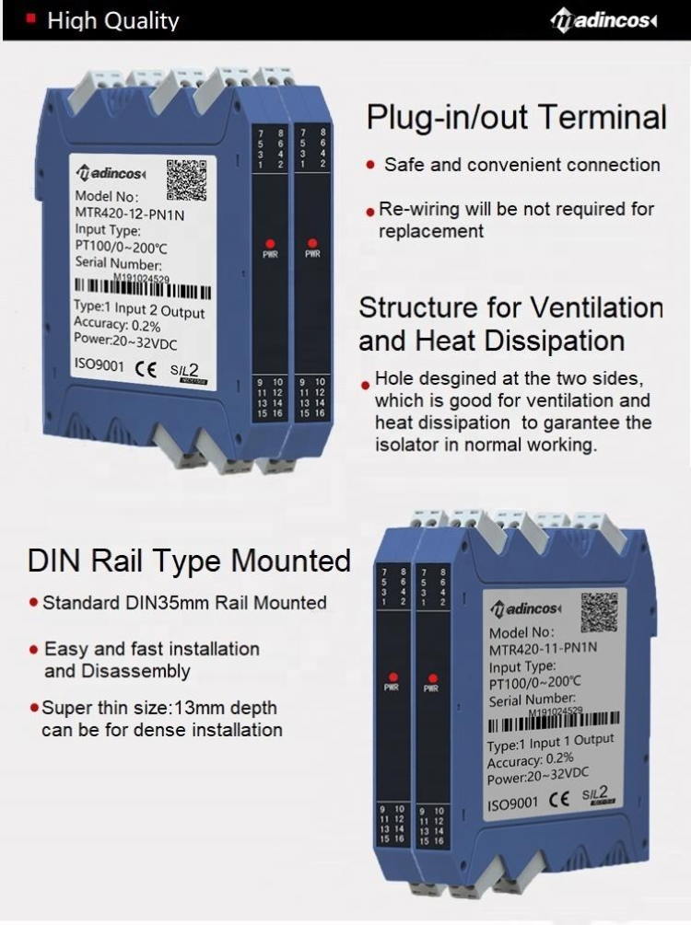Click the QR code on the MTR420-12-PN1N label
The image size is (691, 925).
pyautogui.click(x=187, y=179)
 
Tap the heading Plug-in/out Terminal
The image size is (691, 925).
pyautogui.click(x=516, y=118)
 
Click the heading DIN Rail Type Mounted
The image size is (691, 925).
pyautogui.click(x=189, y=561)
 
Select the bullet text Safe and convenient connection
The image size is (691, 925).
pyautogui.click(x=521, y=166)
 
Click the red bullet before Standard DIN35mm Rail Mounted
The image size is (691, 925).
pyautogui.click(x=34, y=604)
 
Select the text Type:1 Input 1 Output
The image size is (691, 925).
pyautogui.click(x=550, y=743)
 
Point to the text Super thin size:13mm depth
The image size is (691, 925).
pyautogui.click(x=159, y=709)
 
